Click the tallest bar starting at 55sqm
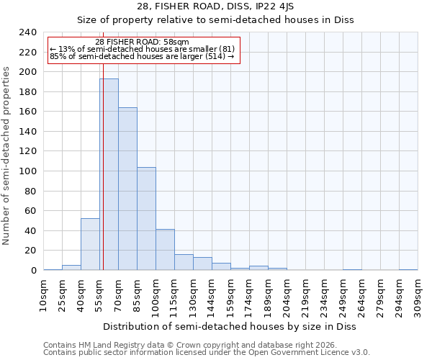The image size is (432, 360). click(x=109, y=174)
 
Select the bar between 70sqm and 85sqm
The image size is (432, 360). click(x=127, y=189)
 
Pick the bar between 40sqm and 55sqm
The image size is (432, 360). click(x=90, y=244)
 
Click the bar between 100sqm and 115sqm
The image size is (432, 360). click(x=165, y=250)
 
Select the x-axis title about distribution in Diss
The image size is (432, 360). click(x=229, y=326)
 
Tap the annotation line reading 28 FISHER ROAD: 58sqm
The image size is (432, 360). click(x=142, y=42)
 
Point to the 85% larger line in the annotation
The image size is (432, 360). click(x=142, y=56)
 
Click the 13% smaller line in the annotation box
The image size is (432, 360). click(x=142, y=49)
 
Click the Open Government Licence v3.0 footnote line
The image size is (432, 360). click(x=207, y=353)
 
